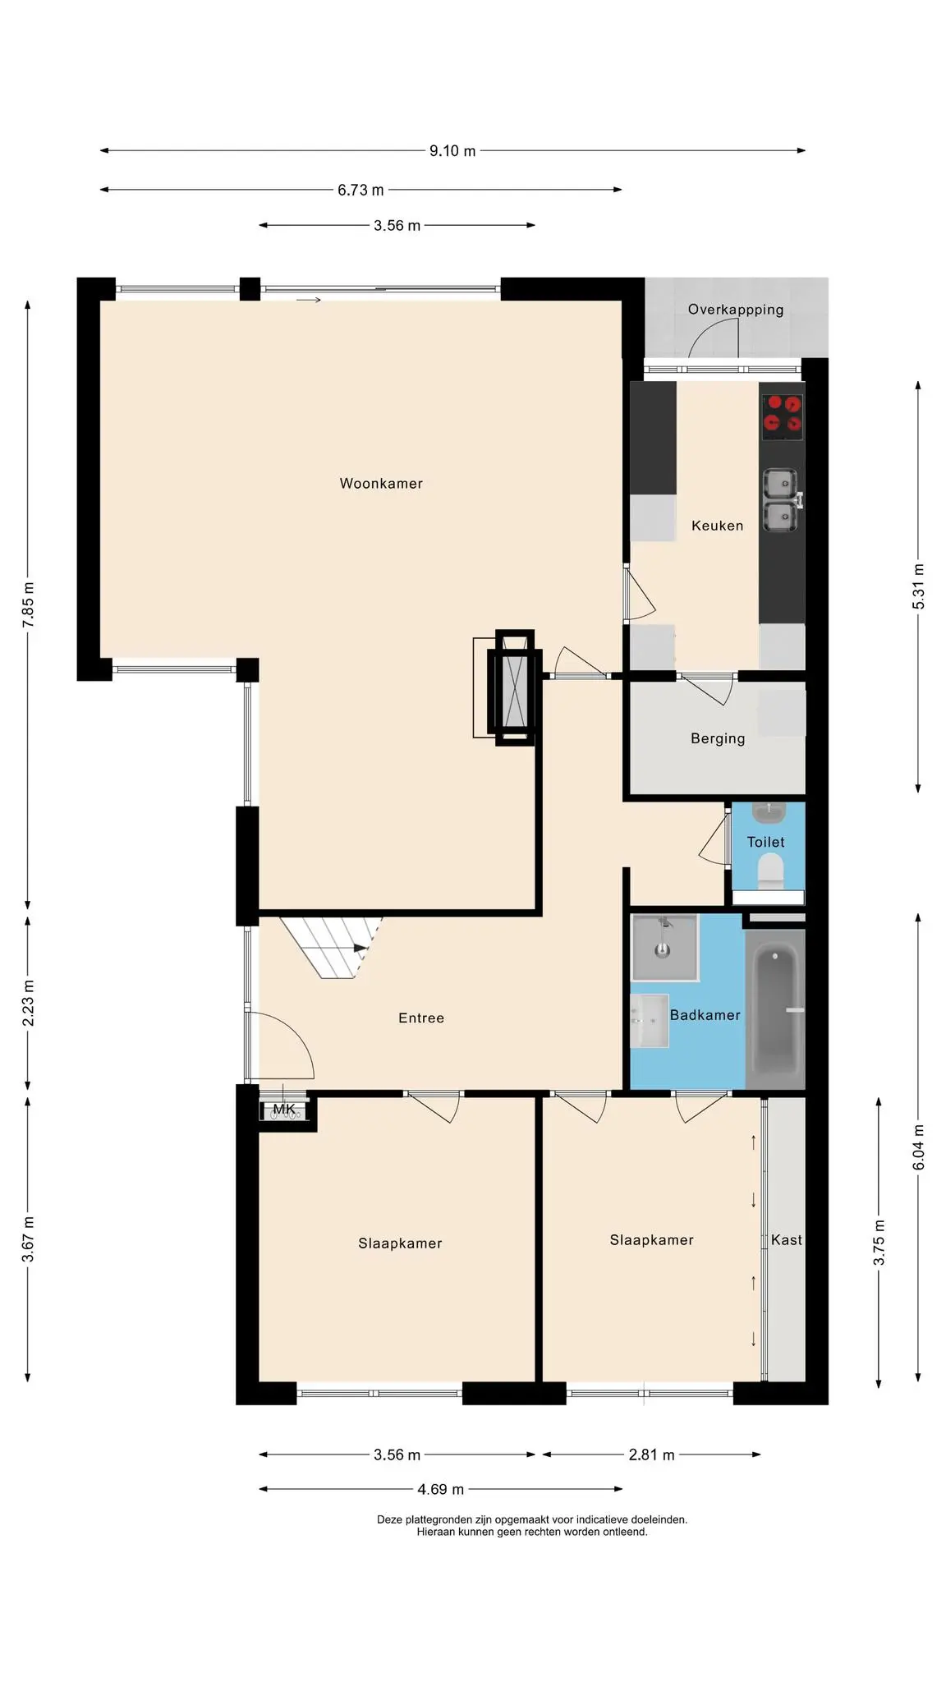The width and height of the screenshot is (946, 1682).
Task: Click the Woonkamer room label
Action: point(381,484)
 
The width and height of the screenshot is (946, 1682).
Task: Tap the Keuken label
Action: point(717,526)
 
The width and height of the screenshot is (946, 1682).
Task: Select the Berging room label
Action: point(718,738)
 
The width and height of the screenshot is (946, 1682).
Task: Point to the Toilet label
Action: point(765,842)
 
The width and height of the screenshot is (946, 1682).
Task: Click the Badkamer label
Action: point(705,1015)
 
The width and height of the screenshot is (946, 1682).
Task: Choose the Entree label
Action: point(421,1018)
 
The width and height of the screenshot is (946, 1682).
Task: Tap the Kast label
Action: point(786,1240)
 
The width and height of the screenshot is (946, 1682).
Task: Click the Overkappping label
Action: point(736,310)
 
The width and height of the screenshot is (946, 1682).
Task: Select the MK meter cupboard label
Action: point(284,1110)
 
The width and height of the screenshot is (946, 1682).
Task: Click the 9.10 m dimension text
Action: point(452,151)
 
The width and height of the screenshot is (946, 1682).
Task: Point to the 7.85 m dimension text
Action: point(29,605)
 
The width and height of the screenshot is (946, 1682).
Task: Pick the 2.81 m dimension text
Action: point(651,1455)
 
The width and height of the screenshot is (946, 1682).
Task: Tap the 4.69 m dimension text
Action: point(441,1490)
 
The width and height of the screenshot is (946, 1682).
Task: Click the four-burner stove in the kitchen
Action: point(782,413)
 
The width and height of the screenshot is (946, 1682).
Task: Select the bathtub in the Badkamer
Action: point(775,1010)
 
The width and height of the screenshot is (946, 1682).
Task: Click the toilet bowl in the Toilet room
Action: point(770,871)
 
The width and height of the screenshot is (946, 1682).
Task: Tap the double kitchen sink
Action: point(781,499)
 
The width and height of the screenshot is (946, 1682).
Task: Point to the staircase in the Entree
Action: point(330,948)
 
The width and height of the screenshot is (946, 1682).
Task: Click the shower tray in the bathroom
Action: point(664,948)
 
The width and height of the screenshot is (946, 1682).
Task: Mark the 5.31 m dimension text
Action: point(919,586)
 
